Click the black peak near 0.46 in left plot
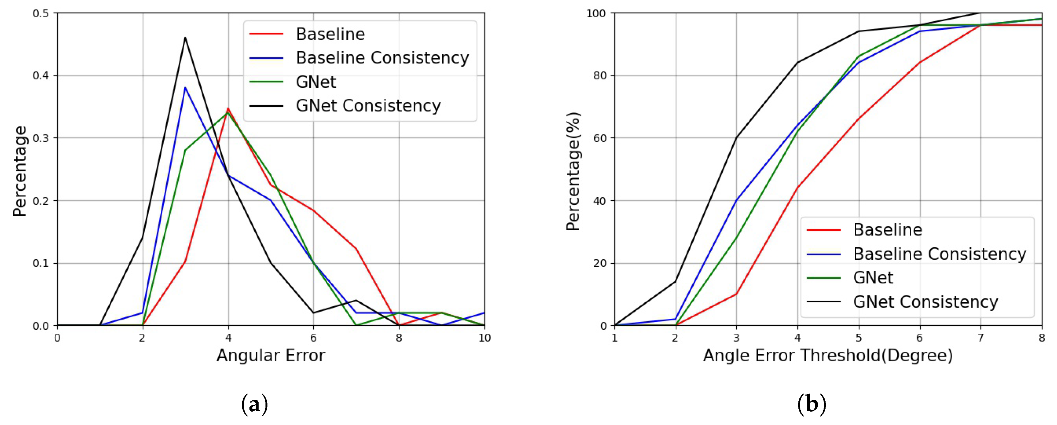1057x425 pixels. (x=185, y=38)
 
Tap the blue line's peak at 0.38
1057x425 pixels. (x=185, y=87)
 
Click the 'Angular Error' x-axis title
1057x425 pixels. (x=270, y=355)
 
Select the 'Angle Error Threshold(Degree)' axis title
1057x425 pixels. (x=828, y=355)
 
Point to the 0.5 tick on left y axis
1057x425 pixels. (x=41, y=13)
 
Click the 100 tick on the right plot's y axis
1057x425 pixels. (x=596, y=13)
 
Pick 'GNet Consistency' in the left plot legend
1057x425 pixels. (x=368, y=106)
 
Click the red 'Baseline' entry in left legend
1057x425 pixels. (x=330, y=34)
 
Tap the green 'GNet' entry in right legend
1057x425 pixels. (x=873, y=278)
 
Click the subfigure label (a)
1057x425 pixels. (x=255, y=404)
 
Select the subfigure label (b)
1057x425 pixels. (x=811, y=404)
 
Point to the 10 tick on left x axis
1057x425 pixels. (x=484, y=338)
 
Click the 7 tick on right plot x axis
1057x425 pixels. (x=981, y=338)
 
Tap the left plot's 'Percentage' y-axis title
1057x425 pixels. (x=20, y=171)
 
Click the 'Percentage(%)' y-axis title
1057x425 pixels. (x=573, y=171)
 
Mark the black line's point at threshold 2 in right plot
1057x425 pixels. (x=675, y=281)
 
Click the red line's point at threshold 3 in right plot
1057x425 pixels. (x=737, y=294)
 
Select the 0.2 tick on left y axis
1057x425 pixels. (x=41, y=201)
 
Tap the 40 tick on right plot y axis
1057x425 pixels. (x=599, y=201)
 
